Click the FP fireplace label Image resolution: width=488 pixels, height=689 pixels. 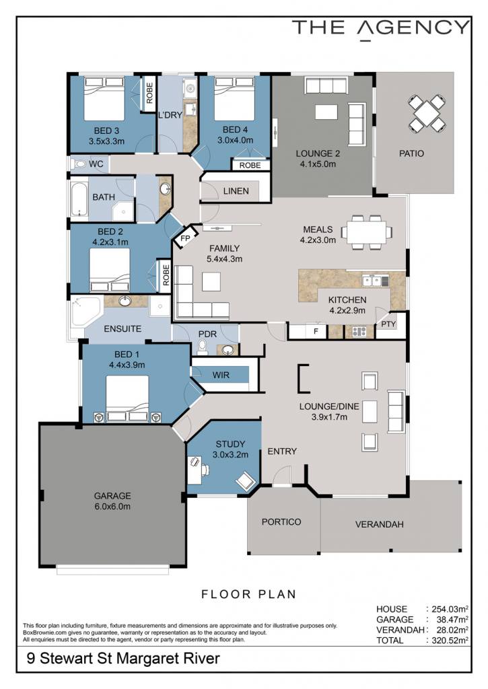185,239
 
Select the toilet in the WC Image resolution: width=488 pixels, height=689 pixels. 79,164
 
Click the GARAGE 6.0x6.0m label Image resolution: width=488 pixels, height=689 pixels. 112,501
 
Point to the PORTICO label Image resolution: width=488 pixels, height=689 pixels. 281,521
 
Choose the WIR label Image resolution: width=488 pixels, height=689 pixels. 221,375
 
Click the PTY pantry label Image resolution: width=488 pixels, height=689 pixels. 388,324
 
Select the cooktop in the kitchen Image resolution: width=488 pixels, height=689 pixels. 359,332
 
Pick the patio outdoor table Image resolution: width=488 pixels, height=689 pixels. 425,114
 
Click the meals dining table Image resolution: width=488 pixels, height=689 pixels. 366,232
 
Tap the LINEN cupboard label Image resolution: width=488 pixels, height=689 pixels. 236,191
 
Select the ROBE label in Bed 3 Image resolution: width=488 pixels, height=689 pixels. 149,93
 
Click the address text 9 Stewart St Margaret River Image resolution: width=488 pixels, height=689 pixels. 123,658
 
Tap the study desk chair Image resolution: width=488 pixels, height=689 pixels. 245,480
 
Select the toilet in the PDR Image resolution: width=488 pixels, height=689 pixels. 202,349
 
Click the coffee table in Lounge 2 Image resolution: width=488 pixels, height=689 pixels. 326,112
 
